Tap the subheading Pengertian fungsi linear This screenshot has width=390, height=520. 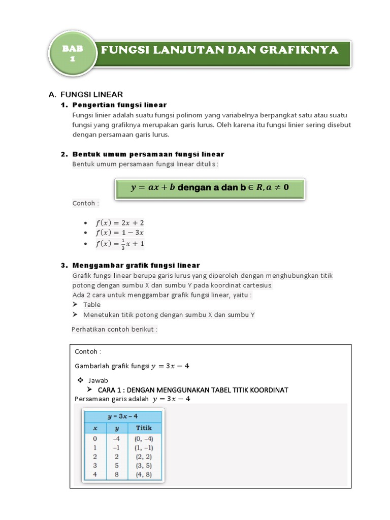119,105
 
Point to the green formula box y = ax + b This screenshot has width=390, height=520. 209,187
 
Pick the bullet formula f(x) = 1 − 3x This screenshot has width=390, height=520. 120,233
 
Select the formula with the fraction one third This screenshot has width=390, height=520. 120,244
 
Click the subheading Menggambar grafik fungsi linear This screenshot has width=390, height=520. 136,266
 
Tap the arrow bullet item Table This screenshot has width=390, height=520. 92,305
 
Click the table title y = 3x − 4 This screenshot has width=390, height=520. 122,416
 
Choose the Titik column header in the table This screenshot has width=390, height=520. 144,428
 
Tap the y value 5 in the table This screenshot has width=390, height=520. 116,465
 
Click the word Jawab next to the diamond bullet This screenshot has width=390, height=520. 98,380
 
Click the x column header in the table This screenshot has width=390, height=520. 94,428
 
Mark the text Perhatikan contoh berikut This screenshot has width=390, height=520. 115,329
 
